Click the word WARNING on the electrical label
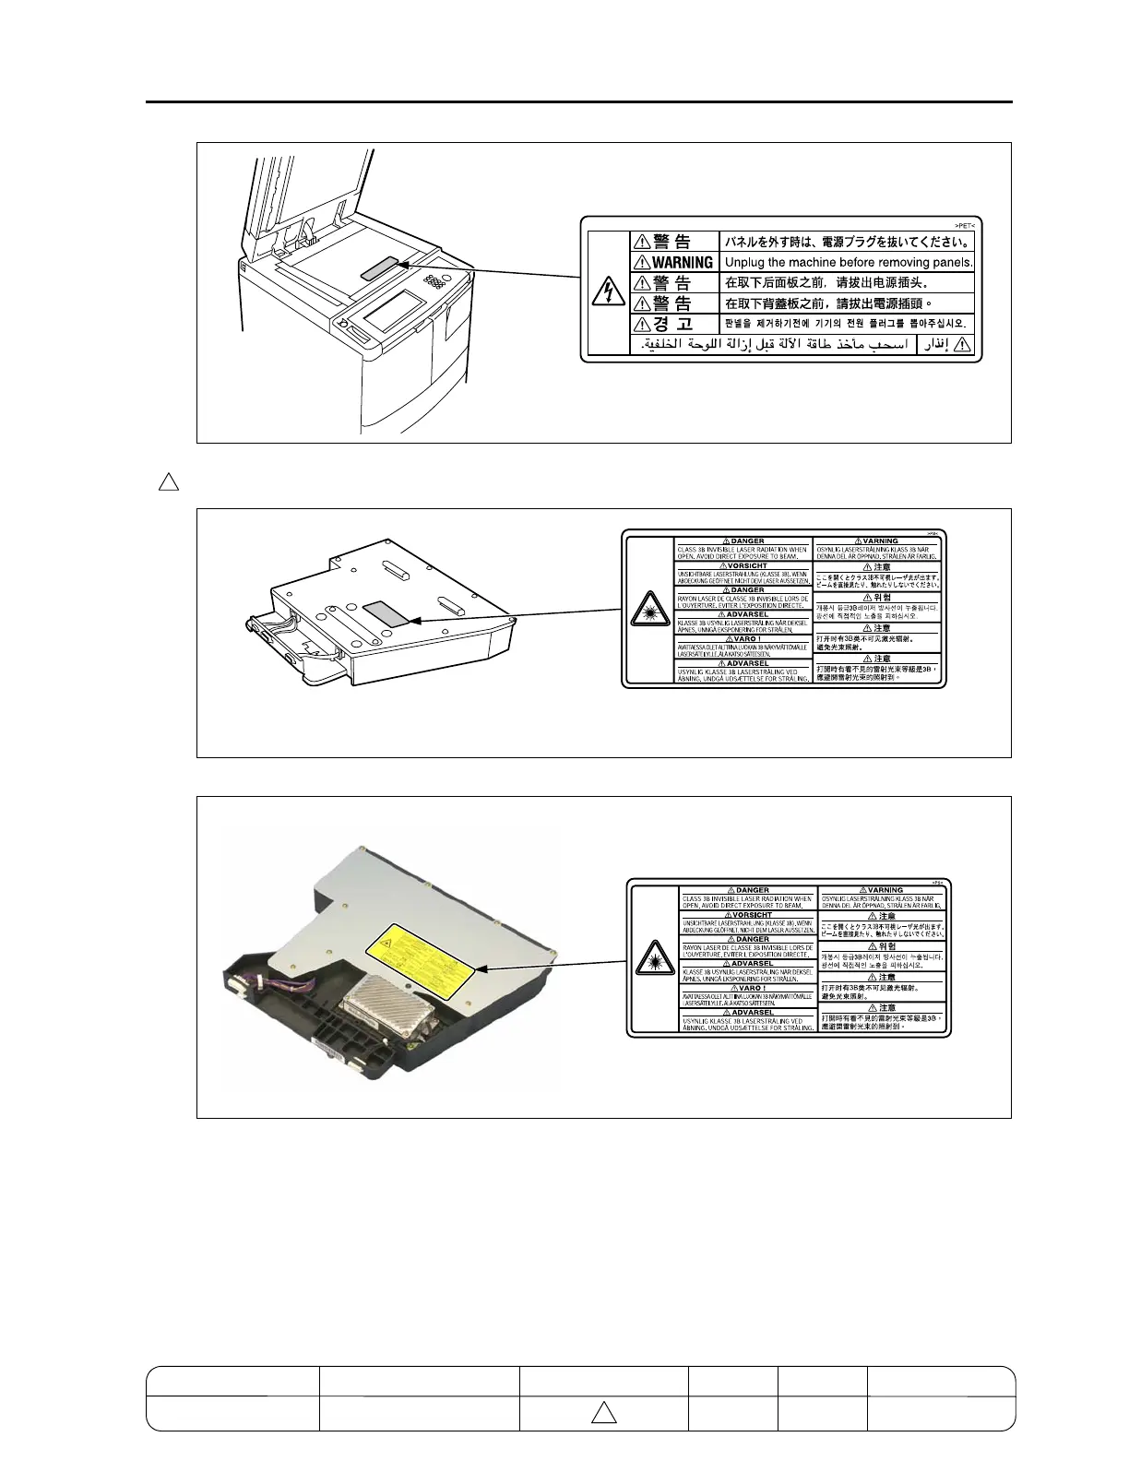[683, 263]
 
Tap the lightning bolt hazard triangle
[606, 292]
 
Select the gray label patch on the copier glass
[380, 268]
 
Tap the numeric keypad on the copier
[433, 278]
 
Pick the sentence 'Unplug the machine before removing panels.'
[849, 263]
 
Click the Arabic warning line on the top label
[775, 345]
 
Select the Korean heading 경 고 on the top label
[672, 324]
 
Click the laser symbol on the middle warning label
[648, 612]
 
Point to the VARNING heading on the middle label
[880, 541]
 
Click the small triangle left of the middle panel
[168, 481]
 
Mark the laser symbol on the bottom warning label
[653, 960]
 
